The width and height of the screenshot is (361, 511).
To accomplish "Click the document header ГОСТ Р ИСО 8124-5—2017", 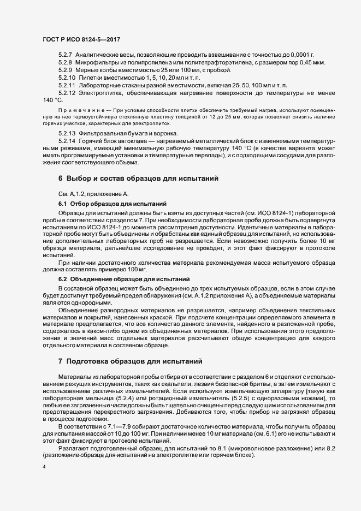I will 81,39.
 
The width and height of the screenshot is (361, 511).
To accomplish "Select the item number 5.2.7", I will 65,56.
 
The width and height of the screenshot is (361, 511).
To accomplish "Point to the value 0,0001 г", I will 302,56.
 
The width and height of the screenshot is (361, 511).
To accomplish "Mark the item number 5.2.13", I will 67,134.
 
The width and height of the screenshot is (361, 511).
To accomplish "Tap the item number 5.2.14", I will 67,141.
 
